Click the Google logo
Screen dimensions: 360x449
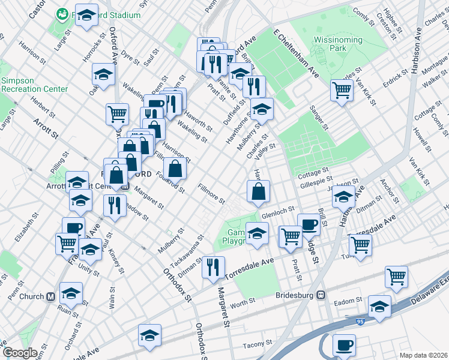19,353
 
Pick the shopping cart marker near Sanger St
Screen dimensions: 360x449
342,91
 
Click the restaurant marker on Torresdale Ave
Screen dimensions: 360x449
212,268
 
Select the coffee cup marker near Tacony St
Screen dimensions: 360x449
344,346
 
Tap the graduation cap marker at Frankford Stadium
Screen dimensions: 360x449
88,16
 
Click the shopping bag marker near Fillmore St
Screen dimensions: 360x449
258,192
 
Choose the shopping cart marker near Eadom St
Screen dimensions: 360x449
397,277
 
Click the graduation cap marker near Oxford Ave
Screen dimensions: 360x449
103,76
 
